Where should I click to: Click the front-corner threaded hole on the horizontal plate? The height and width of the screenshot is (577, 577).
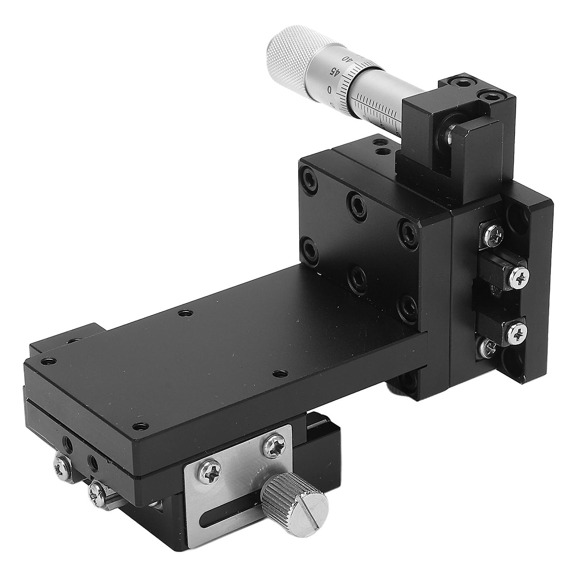(x=141, y=426)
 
